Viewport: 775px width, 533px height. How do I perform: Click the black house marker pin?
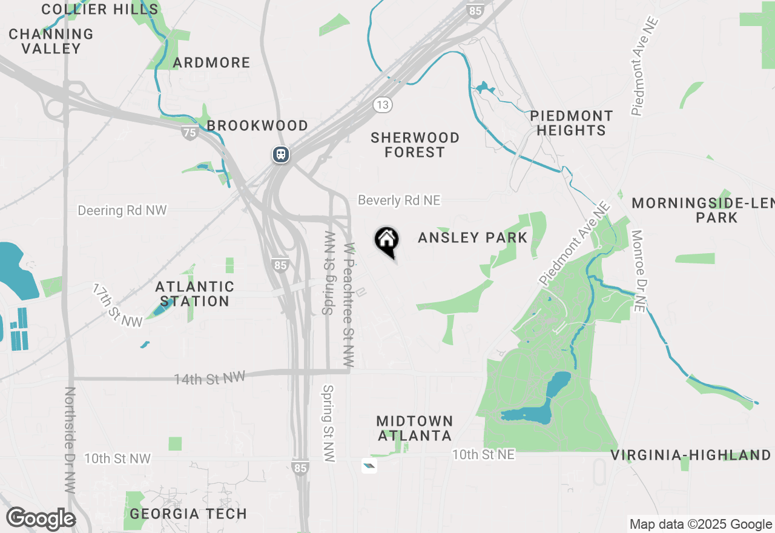(386, 240)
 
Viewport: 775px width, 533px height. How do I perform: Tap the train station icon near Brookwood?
(280, 154)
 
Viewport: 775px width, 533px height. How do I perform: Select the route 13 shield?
(382, 105)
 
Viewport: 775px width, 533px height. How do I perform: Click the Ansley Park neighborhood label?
(473, 237)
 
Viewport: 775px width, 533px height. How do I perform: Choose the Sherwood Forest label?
(415, 145)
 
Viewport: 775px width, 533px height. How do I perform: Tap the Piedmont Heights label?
(571, 123)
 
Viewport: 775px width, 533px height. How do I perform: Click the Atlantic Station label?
(195, 294)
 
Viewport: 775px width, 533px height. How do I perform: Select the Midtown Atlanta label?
(415, 428)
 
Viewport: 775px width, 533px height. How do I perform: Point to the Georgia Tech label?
(188, 514)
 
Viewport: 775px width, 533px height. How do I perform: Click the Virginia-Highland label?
(690, 455)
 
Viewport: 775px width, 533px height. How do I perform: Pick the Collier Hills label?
(100, 9)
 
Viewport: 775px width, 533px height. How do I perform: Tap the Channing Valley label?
(51, 41)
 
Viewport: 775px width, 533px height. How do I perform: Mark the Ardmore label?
(211, 62)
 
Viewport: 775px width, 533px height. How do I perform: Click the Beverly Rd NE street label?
(399, 200)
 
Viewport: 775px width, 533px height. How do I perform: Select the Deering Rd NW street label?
(122, 210)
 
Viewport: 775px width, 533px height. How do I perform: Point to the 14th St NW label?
(209, 378)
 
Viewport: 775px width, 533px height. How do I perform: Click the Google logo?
(41, 518)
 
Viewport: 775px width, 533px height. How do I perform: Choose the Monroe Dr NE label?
(638, 271)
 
